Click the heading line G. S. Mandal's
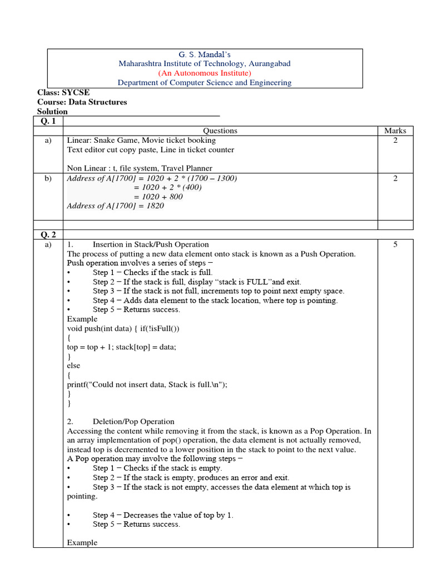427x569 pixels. [204, 54]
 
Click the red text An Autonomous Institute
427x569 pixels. [205, 73]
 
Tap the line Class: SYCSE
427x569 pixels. [63, 93]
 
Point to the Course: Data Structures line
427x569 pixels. [82, 102]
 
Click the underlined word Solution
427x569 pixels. [52, 112]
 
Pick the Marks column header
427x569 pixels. [395, 131]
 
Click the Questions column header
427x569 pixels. [220, 131]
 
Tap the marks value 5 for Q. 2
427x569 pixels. [395, 244]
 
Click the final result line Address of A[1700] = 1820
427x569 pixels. [116, 206]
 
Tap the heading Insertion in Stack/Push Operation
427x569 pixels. [151, 244]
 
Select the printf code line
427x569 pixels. [147, 385]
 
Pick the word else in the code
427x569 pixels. [73, 366]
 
